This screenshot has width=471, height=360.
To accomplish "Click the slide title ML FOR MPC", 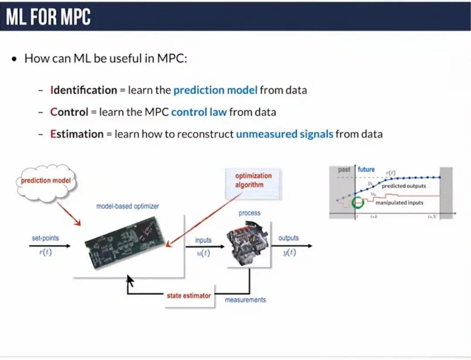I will point(48,17).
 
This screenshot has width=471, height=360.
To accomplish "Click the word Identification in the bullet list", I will point(84,90).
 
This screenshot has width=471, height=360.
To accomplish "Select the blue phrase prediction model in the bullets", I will point(215,90).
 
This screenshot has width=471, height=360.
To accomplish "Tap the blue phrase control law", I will point(199,112).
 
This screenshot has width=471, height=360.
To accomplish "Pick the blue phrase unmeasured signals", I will point(284,134).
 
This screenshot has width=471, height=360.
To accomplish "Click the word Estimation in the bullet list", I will point(76,134).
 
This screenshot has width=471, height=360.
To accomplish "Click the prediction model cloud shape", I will point(46,181).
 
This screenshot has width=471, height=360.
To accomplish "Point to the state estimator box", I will point(189,296).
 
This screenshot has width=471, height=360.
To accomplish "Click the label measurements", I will point(245,300).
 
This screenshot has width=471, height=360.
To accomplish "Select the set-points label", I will point(45,238).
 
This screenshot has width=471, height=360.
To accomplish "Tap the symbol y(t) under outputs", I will point(289,253).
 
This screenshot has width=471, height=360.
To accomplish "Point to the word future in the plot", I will point(366,169).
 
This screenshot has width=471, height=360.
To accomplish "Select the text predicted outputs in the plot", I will point(404,186).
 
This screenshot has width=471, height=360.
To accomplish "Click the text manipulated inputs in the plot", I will point(399,202).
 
